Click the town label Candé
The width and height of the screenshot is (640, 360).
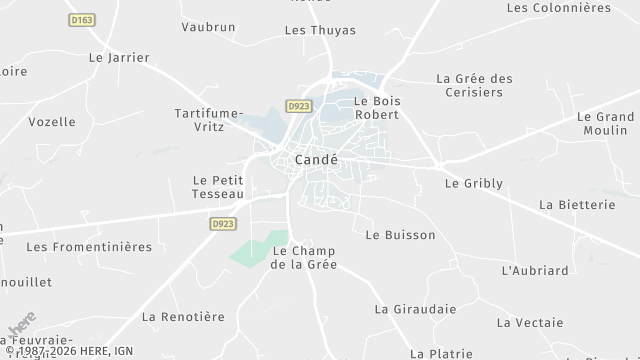(316, 160)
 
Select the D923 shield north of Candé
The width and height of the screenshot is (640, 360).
(296, 105)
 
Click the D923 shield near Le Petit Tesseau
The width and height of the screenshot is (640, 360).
(223, 224)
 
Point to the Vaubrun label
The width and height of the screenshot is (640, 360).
(207, 27)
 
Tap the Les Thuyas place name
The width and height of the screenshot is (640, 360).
(320, 30)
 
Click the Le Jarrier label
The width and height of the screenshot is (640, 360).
(114, 58)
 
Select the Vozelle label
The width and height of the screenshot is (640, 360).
(52, 122)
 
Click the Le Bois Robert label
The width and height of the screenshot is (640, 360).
(376, 108)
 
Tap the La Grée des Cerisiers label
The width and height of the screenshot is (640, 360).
(474, 85)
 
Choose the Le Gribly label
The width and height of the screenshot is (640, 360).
(473, 183)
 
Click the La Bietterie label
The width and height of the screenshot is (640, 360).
(576, 204)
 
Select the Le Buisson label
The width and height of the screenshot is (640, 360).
(400, 235)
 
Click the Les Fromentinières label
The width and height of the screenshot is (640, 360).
(89, 246)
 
